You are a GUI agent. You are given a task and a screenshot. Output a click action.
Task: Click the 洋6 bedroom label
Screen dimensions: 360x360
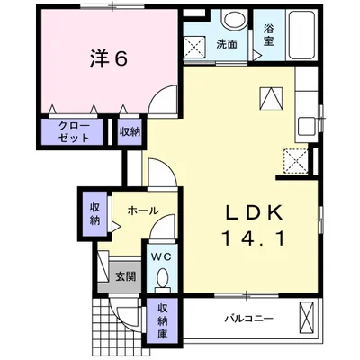[x=109, y=58]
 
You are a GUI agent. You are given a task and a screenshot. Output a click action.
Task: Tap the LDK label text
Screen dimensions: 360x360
[x=254, y=213]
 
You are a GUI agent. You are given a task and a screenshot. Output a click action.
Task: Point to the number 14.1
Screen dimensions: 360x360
[x=254, y=239]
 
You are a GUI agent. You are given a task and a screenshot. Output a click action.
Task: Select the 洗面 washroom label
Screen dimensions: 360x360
[x=227, y=44]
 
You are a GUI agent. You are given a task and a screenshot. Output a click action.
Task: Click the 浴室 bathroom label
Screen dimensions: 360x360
[x=268, y=35]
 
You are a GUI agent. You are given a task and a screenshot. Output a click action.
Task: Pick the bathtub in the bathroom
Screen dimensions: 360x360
[x=301, y=34]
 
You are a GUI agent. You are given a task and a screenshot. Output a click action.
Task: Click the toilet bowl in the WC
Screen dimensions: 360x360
[x=163, y=277]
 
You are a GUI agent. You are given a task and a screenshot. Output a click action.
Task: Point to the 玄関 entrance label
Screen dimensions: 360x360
[x=126, y=276]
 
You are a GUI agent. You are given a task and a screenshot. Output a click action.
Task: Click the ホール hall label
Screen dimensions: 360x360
[x=143, y=211]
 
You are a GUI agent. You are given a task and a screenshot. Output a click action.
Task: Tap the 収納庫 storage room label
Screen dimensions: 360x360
[x=163, y=321]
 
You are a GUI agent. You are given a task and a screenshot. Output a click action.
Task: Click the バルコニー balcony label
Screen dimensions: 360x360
[x=249, y=318]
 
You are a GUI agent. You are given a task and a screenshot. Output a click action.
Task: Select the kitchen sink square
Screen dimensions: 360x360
[x=306, y=125]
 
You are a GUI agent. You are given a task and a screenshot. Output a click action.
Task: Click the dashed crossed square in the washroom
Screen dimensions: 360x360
[x=194, y=47]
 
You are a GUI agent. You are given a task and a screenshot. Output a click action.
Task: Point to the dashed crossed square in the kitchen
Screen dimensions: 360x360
[x=296, y=161]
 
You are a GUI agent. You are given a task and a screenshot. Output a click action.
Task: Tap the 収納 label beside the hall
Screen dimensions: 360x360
[x=94, y=214]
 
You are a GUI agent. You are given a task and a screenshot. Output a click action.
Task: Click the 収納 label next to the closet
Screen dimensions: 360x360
[x=130, y=132]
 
